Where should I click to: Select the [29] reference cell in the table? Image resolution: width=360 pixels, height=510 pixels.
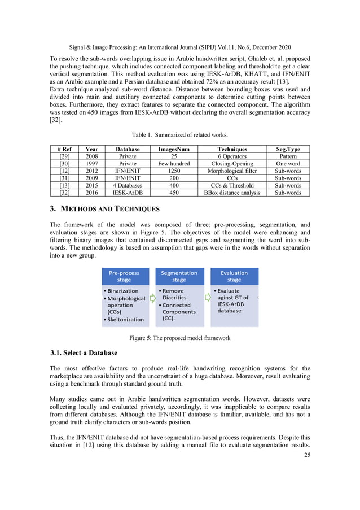click(x=65, y=156)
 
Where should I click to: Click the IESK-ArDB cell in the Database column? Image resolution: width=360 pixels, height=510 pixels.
click(x=128, y=193)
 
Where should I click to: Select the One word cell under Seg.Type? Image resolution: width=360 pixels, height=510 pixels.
click(x=288, y=163)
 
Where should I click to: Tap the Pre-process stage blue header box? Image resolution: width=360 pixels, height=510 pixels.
click(x=124, y=276)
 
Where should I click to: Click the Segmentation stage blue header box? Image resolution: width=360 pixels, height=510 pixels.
click(x=179, y=276)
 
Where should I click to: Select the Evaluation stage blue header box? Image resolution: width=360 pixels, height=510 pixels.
click(x=234, y=276)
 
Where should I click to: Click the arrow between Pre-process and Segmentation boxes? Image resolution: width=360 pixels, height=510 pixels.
click(x=152, y=298)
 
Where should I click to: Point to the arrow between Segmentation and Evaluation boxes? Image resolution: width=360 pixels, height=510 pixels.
click(x=207, y=298)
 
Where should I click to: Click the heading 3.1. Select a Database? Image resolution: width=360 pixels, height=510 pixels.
click(x=84, y=353)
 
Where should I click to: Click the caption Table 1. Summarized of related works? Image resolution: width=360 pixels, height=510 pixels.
click(x=179, y=136)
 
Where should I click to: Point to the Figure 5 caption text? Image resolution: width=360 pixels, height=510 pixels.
click(x=179, y=338)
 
